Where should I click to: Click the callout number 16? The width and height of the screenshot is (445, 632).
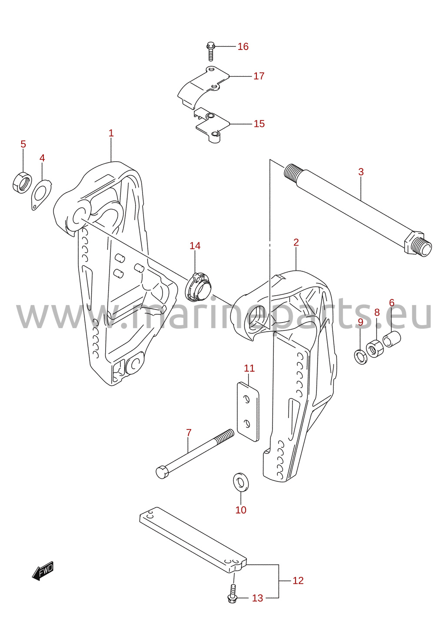coord(243,47)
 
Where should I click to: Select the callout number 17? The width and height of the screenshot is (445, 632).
coord(259,76)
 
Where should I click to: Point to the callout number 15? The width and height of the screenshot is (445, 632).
coord(259,124)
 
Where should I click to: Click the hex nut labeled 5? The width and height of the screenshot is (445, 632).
coord(22,182)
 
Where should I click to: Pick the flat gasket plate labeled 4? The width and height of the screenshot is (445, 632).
coord(41,195)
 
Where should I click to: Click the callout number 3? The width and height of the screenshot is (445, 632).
coord(361,172)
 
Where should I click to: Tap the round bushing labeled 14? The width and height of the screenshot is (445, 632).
coord(198,286)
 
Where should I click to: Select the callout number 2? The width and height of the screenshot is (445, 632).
coord(296,243)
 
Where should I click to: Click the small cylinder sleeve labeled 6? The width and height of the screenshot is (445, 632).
coord(392,339)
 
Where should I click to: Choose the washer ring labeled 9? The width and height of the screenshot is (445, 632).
coord(361,356)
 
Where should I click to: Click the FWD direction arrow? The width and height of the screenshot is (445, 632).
coord(43,571)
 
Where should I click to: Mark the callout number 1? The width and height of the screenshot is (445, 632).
coord(111,133)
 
